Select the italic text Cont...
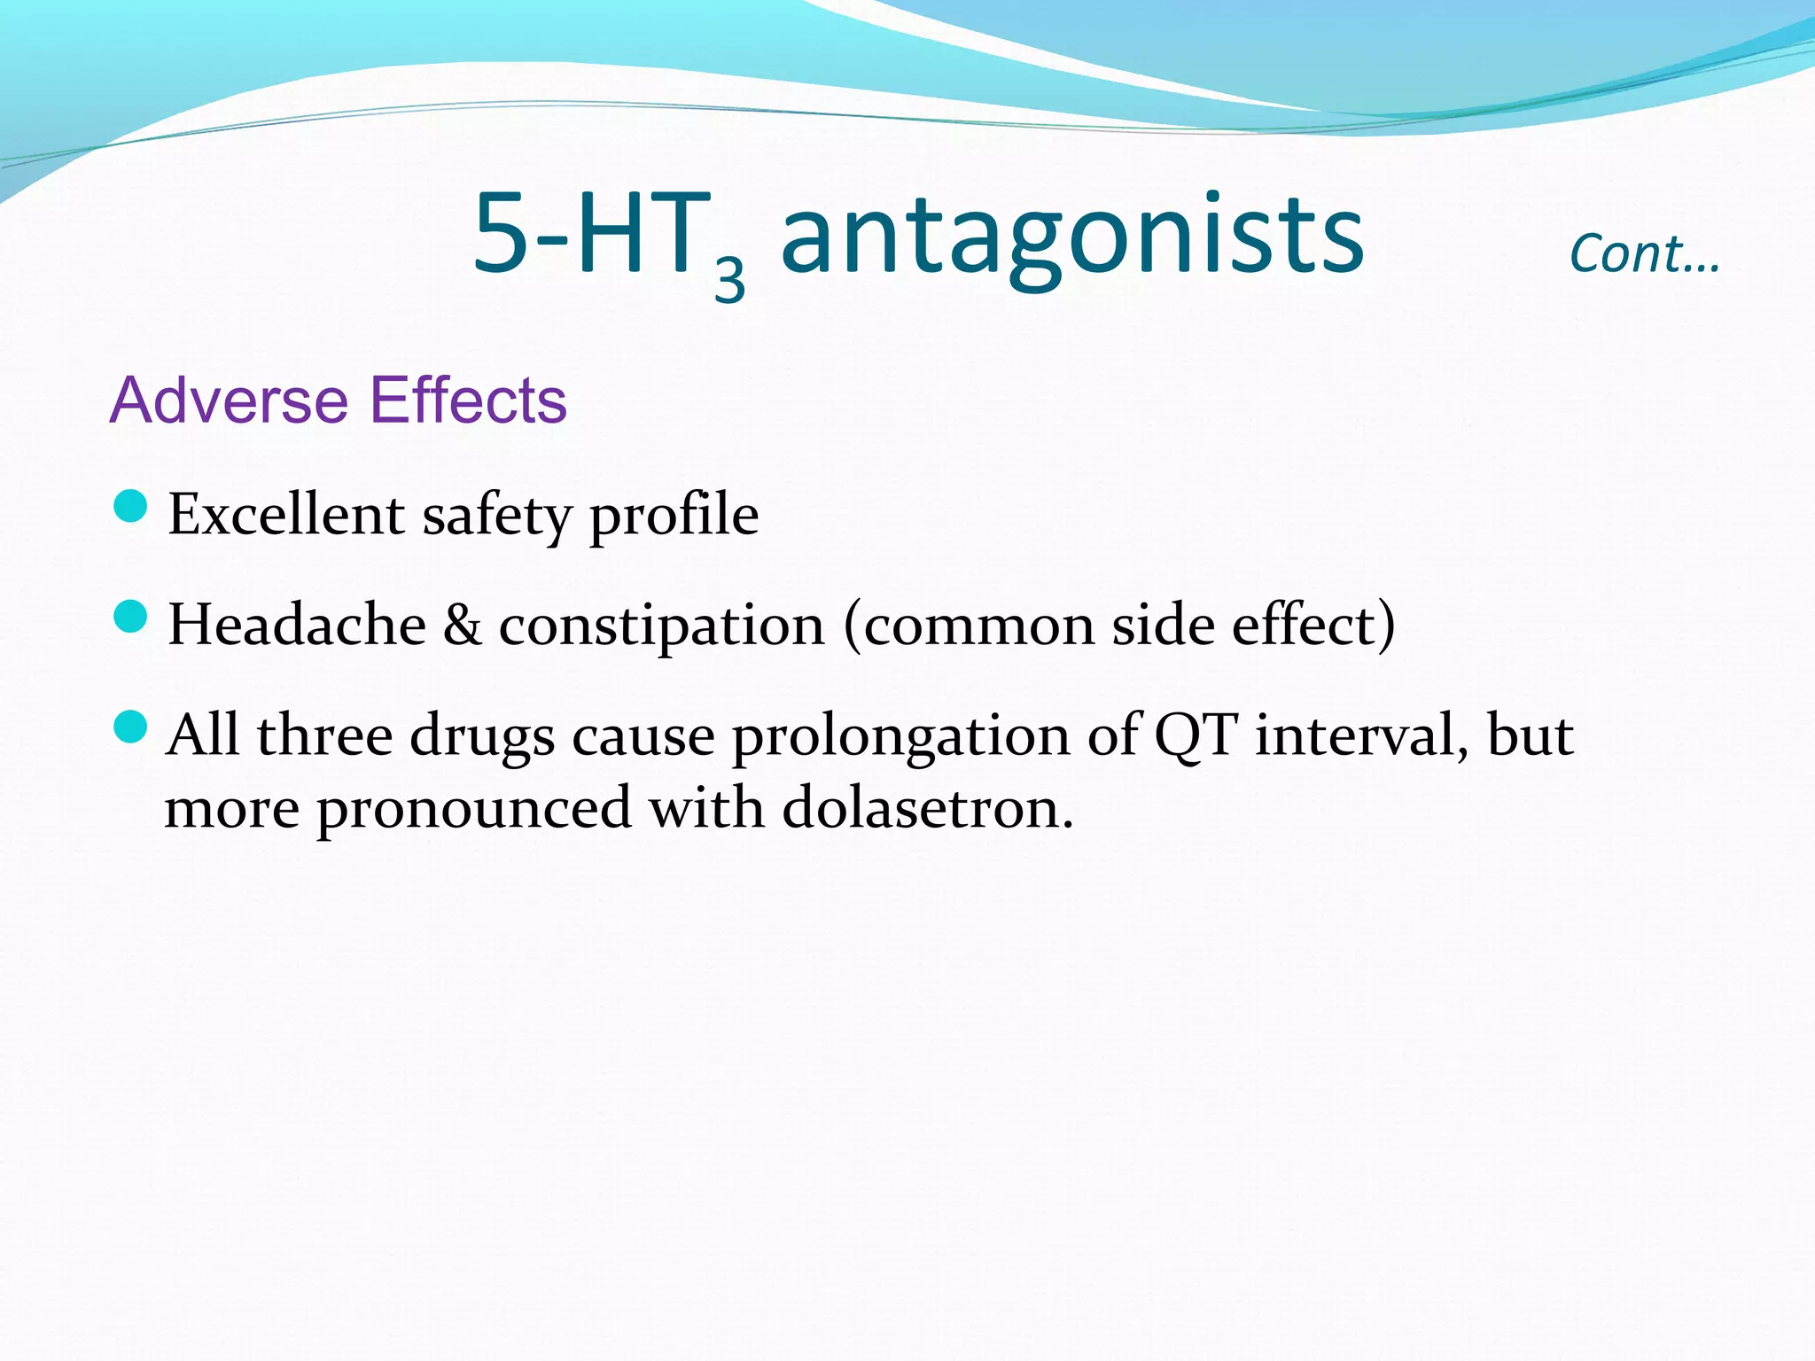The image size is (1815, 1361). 1644,254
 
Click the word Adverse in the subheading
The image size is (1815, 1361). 229,401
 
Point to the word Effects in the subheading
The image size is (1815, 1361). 467,401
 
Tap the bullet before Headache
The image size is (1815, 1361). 130,617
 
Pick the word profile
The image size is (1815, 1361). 674,516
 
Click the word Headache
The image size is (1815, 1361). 297,625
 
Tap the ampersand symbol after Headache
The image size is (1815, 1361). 462,626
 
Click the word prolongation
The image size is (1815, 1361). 900,737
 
